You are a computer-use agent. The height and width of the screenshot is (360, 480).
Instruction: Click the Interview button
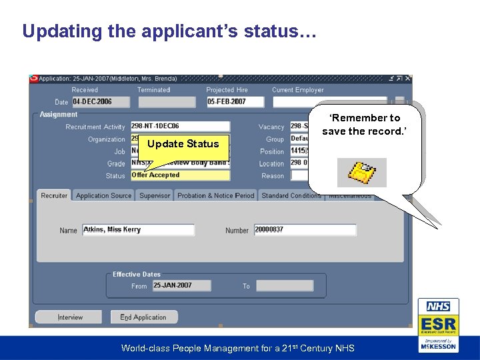pyautogui.click(x=69, y=317)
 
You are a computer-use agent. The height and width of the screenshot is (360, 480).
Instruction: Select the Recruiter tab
pyautogui.click(x=54, y=195)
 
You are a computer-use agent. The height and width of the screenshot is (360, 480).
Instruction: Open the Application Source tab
pyautogui.click(x=103, y=195)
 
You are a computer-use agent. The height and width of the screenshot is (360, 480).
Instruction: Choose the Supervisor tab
pyautogui.click(x=155, y=195)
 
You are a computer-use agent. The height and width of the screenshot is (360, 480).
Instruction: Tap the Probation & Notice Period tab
pyautogui.click(x=215, y=195)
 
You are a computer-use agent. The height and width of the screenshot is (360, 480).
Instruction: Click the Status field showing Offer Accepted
pyautogui.click(x=180, y=175)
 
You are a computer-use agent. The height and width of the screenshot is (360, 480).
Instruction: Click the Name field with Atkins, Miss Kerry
pyautogui.click(x=138, y=230)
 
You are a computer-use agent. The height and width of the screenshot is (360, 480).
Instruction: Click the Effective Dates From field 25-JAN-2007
pyautogui.click(x=181, y=285)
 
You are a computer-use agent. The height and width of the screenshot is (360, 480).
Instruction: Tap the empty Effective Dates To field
pyautogui.click(x=284, y=285)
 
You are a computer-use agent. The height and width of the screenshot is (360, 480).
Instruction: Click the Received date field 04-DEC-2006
pyautogui.click(x=100, y=102)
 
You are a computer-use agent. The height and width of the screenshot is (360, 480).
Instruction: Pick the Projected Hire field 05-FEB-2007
pyautogui.click(x=235, y=102)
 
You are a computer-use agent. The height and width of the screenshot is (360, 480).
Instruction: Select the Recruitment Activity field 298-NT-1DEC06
pyautogui.click(x=180, y=126)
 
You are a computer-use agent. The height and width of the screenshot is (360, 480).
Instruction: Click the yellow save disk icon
pyautogui.click(x=362, y=173)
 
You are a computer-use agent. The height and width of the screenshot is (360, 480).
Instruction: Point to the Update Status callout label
pyautogui.click(x=183, y=144)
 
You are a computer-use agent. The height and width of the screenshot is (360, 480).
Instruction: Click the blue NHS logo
pyautogui.click(x=438, y=307)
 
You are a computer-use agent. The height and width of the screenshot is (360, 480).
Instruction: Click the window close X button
pyautogui.click(x=408, y=79)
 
